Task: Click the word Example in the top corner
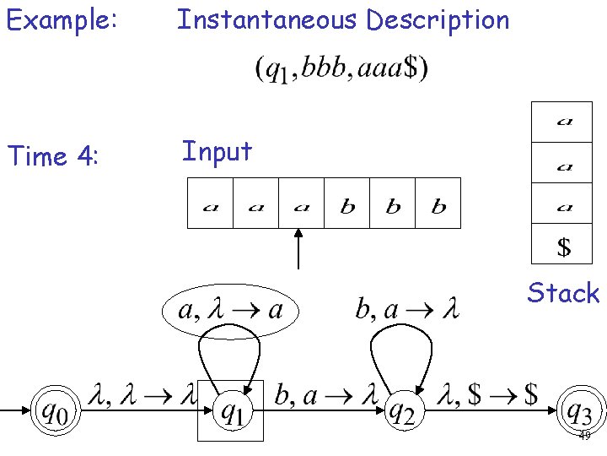click(61, 19)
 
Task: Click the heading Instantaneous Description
click(342, 19)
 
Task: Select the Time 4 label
click(53, 156)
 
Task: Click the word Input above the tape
click(217, 152)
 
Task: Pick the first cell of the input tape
click(209, 204)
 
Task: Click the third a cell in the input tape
click(301, 204)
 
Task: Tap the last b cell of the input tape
click(438, 204)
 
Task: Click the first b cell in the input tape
click(346, 204)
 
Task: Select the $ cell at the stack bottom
click(564, 247)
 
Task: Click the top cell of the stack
click(564, 121)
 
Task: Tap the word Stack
click(563, 293)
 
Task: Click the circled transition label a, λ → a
click(230, 311)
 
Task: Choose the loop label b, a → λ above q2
click(406, 311)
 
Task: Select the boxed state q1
click(230, 411)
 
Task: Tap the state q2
click(401, 411)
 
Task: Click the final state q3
click(578, 411)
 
